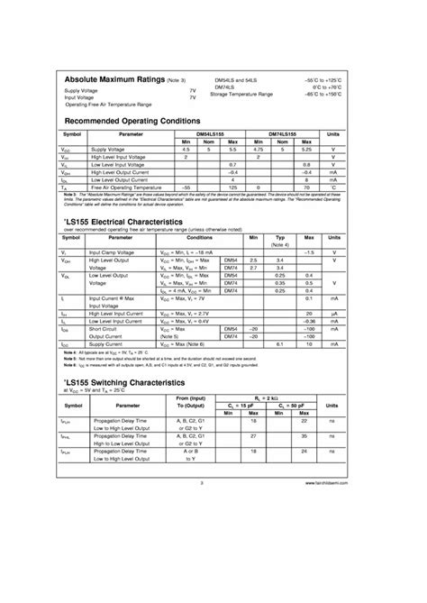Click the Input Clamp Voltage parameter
[112, 253]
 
